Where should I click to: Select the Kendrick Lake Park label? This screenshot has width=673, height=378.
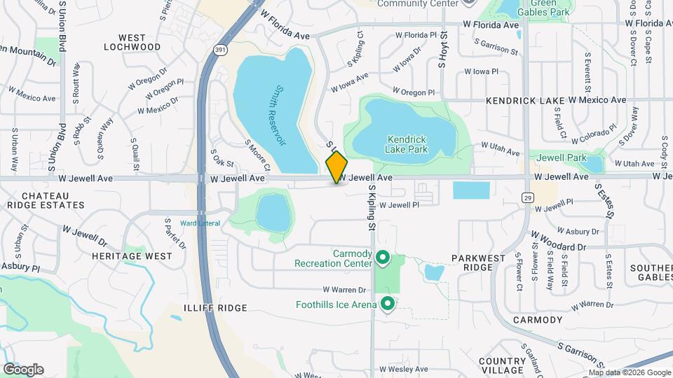pos(406,143)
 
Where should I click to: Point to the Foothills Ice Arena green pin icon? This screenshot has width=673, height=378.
pos(387,304)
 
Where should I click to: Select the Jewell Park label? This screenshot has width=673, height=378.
pos(561,157)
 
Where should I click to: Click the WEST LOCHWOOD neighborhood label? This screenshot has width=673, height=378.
pos(132,42)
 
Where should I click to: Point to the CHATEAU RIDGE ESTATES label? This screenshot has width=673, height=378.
pos(45,200)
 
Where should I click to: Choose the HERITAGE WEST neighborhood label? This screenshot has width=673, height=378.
pos(132,256)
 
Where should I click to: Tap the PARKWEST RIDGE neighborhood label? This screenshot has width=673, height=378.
pos(479,263)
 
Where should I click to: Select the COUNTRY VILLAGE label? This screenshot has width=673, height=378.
pos(503,365)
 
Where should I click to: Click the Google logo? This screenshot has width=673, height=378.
pos(23,369)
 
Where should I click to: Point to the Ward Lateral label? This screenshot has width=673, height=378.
pos(200,223)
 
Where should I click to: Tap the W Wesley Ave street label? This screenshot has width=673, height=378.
pos(403,369)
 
